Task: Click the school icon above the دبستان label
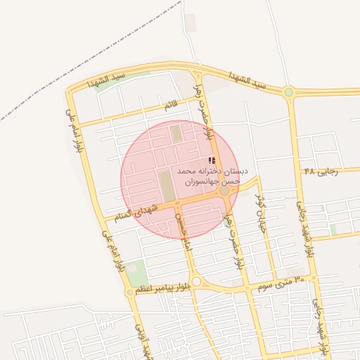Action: (212, 160)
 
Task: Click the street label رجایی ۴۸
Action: (321, 171)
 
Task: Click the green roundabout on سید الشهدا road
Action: (289, 91)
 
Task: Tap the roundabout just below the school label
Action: (224, 191)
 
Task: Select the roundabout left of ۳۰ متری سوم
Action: (196, 282)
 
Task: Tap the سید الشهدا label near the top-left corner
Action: (106, 79)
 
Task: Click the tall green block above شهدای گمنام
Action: (166, 186)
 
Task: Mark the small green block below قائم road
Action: (176, 133)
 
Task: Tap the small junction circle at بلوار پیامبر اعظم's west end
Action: (129, 292)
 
